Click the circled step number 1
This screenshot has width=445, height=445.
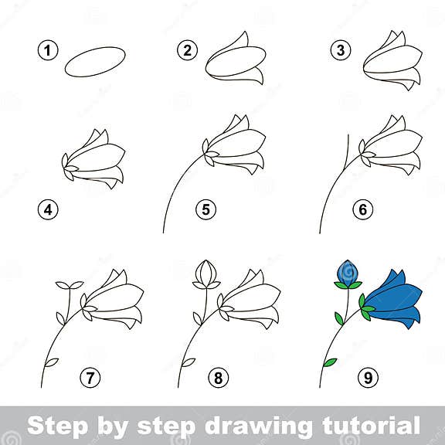pyautogui.click(x=49, y=51)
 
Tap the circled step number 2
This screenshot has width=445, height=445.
pyautogui.click(x=187, y=51)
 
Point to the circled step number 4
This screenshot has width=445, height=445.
pyautogui.click(x=49, y=209)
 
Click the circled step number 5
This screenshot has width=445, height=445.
pyautogui.click(x=206, y=209)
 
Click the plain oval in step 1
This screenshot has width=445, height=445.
pyautogui.click(x=95, y=62)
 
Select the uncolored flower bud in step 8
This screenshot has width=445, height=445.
pyautogui.click(x=206, y=273)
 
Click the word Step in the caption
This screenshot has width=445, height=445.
pyautogui.click(x=59, y=425)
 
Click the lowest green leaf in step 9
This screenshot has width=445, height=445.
pyautogui.click(x=329, y=362)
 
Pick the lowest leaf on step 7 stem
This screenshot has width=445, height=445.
pyautogui.click(x=52, y=362)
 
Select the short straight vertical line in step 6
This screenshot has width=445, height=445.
pyautogui.click(x=348, y=147)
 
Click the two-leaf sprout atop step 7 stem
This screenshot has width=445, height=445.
pyautogui.click(x=69, y=286)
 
